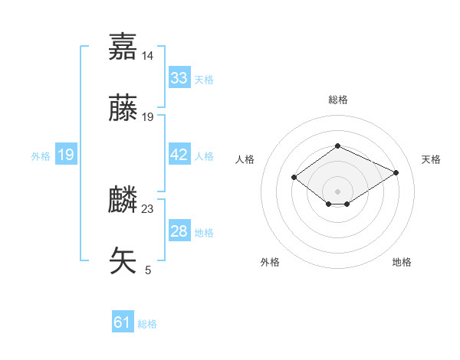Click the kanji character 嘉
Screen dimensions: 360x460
[123, 47]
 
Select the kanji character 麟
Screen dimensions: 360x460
[123, 198]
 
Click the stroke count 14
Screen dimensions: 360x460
[148, 56]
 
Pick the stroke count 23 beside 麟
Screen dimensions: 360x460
[148, 208]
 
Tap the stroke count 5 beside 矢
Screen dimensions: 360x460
[148, 270]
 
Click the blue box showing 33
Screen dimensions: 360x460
[179, 78]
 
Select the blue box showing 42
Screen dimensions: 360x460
[179, 155]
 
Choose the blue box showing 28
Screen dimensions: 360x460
[179, 231]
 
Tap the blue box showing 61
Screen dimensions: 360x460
[123, 322]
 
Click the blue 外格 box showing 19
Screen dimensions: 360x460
[66, 155]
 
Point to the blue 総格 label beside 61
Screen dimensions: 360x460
[147, 324]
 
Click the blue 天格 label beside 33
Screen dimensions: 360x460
[204, 80]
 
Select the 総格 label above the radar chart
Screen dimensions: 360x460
[337, 100]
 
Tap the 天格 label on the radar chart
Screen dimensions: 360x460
[431, 159]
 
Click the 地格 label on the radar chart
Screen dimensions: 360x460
[402, 262]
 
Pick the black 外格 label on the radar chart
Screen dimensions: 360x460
[270, 262]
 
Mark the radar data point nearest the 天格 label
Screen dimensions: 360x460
[396, 173]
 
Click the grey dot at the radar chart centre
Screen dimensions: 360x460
[337, 191]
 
